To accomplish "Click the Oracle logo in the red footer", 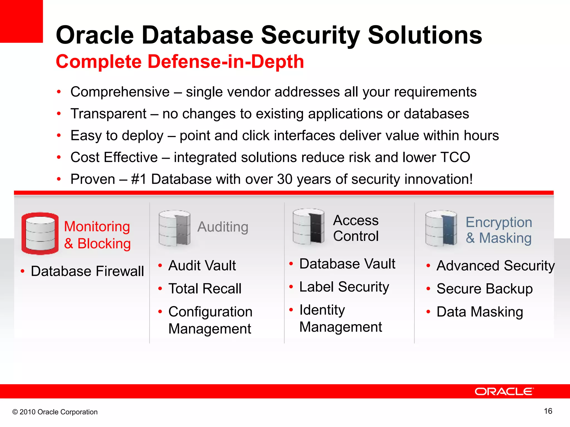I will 504,391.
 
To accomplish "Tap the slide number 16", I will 548,411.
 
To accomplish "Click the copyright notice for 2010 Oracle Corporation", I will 55,412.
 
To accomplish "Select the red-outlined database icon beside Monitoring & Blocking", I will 40,234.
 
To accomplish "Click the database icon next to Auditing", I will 175,228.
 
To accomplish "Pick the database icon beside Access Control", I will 308,227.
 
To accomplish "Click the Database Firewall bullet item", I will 87,271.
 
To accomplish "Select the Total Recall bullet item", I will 205,289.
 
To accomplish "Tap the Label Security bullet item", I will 344,287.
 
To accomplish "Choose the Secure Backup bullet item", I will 485,289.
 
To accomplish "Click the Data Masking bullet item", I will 480,312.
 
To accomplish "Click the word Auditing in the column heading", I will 223,227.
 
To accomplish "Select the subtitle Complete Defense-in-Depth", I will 180,61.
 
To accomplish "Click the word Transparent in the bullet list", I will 108,114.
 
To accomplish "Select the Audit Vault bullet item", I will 202,265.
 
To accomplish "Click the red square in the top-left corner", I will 21,21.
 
